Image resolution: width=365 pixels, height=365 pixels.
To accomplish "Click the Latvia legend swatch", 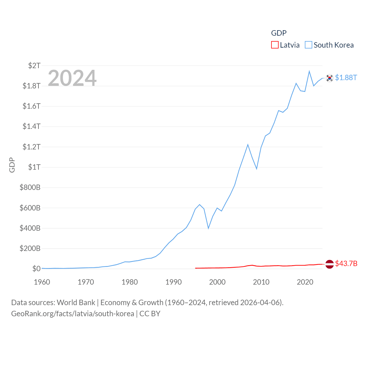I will coord(275,45).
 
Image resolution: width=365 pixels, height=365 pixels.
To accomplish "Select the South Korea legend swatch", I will coord(309,45).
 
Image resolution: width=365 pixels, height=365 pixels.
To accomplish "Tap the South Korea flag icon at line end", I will coord(329,78).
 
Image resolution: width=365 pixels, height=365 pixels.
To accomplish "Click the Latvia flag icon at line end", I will coord(329,264).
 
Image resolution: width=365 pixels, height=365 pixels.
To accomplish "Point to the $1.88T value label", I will coord(346,78).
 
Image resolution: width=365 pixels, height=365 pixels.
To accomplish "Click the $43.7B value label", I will coord(346,263).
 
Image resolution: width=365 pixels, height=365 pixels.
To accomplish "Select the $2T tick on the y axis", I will coord(34,66).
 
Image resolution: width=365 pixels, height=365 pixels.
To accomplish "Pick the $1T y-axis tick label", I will coord(34,167).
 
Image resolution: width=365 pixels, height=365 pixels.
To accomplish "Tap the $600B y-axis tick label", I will coord(30,208).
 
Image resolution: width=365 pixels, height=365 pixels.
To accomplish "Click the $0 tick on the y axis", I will coord(36,269).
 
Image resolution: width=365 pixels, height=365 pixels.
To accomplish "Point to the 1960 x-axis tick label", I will coord(42,282).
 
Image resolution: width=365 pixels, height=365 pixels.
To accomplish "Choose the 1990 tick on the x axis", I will coord(173,282).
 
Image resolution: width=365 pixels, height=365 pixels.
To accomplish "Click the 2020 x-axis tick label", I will coord(305,282).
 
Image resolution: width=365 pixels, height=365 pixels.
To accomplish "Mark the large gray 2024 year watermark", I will coord(72,78).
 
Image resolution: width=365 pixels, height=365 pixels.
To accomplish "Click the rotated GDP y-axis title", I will coord(12,165).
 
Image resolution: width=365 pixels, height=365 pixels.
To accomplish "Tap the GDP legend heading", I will coord(279,33).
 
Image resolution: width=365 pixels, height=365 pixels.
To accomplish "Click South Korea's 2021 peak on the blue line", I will coord(309,71).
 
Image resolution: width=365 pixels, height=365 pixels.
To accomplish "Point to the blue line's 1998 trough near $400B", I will coord(208,228).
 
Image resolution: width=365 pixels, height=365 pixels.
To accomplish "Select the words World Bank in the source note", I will coord(76,303).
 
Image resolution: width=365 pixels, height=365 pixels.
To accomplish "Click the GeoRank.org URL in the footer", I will coord(72,314).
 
